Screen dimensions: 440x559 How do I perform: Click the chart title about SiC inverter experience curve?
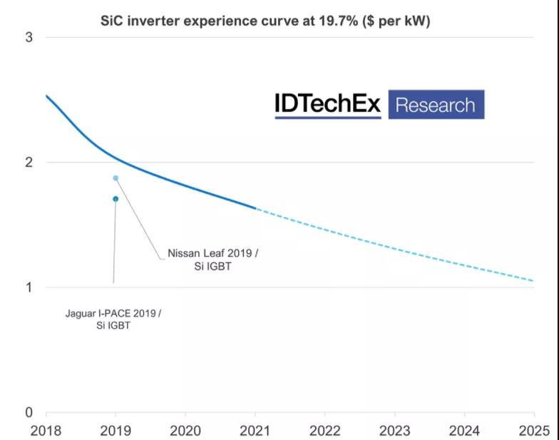coord(265,21)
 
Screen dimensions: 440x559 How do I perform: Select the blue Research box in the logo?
coord(435,105)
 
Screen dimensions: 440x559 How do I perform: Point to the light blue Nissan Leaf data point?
coord(116,178)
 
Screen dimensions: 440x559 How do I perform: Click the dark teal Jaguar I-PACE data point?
coord(116,199)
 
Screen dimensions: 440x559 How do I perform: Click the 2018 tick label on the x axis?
coord(46,430)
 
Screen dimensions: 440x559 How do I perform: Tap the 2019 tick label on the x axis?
coord(116,430)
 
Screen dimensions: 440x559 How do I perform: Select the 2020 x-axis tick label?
coord(185,430)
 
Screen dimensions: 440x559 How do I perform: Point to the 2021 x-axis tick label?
coord(255,430)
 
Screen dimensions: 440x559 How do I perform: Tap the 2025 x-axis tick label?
coord(534,430)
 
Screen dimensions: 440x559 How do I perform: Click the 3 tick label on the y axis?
coord(29,37)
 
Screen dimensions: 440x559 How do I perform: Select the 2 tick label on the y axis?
coord(29,163)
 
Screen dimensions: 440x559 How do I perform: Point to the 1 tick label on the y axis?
coord(29,287)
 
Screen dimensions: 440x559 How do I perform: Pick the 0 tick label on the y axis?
coord(29,412)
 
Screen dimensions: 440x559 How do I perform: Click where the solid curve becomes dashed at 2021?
coord(255,208)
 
